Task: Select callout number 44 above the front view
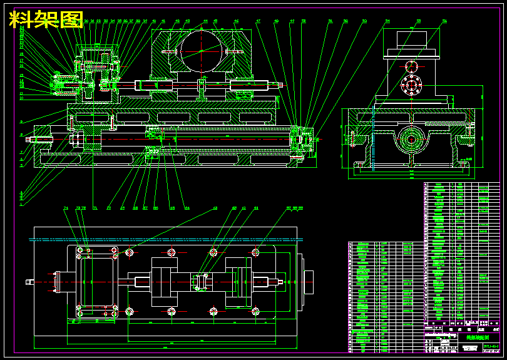pyautogui.click(x=205, y=21)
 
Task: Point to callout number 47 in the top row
pyautogui.click(x=258, y=21)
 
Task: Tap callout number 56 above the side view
pyautogui.click(x=444, y=21)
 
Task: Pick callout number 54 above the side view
pyautogui.click(x=387, y=21)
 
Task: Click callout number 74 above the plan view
pyautogui.click(x=66, y=208)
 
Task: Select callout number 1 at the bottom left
pyautogui.click(x=21, y=204)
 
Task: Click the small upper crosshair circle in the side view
pyautogui.click(x=411, y=66)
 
